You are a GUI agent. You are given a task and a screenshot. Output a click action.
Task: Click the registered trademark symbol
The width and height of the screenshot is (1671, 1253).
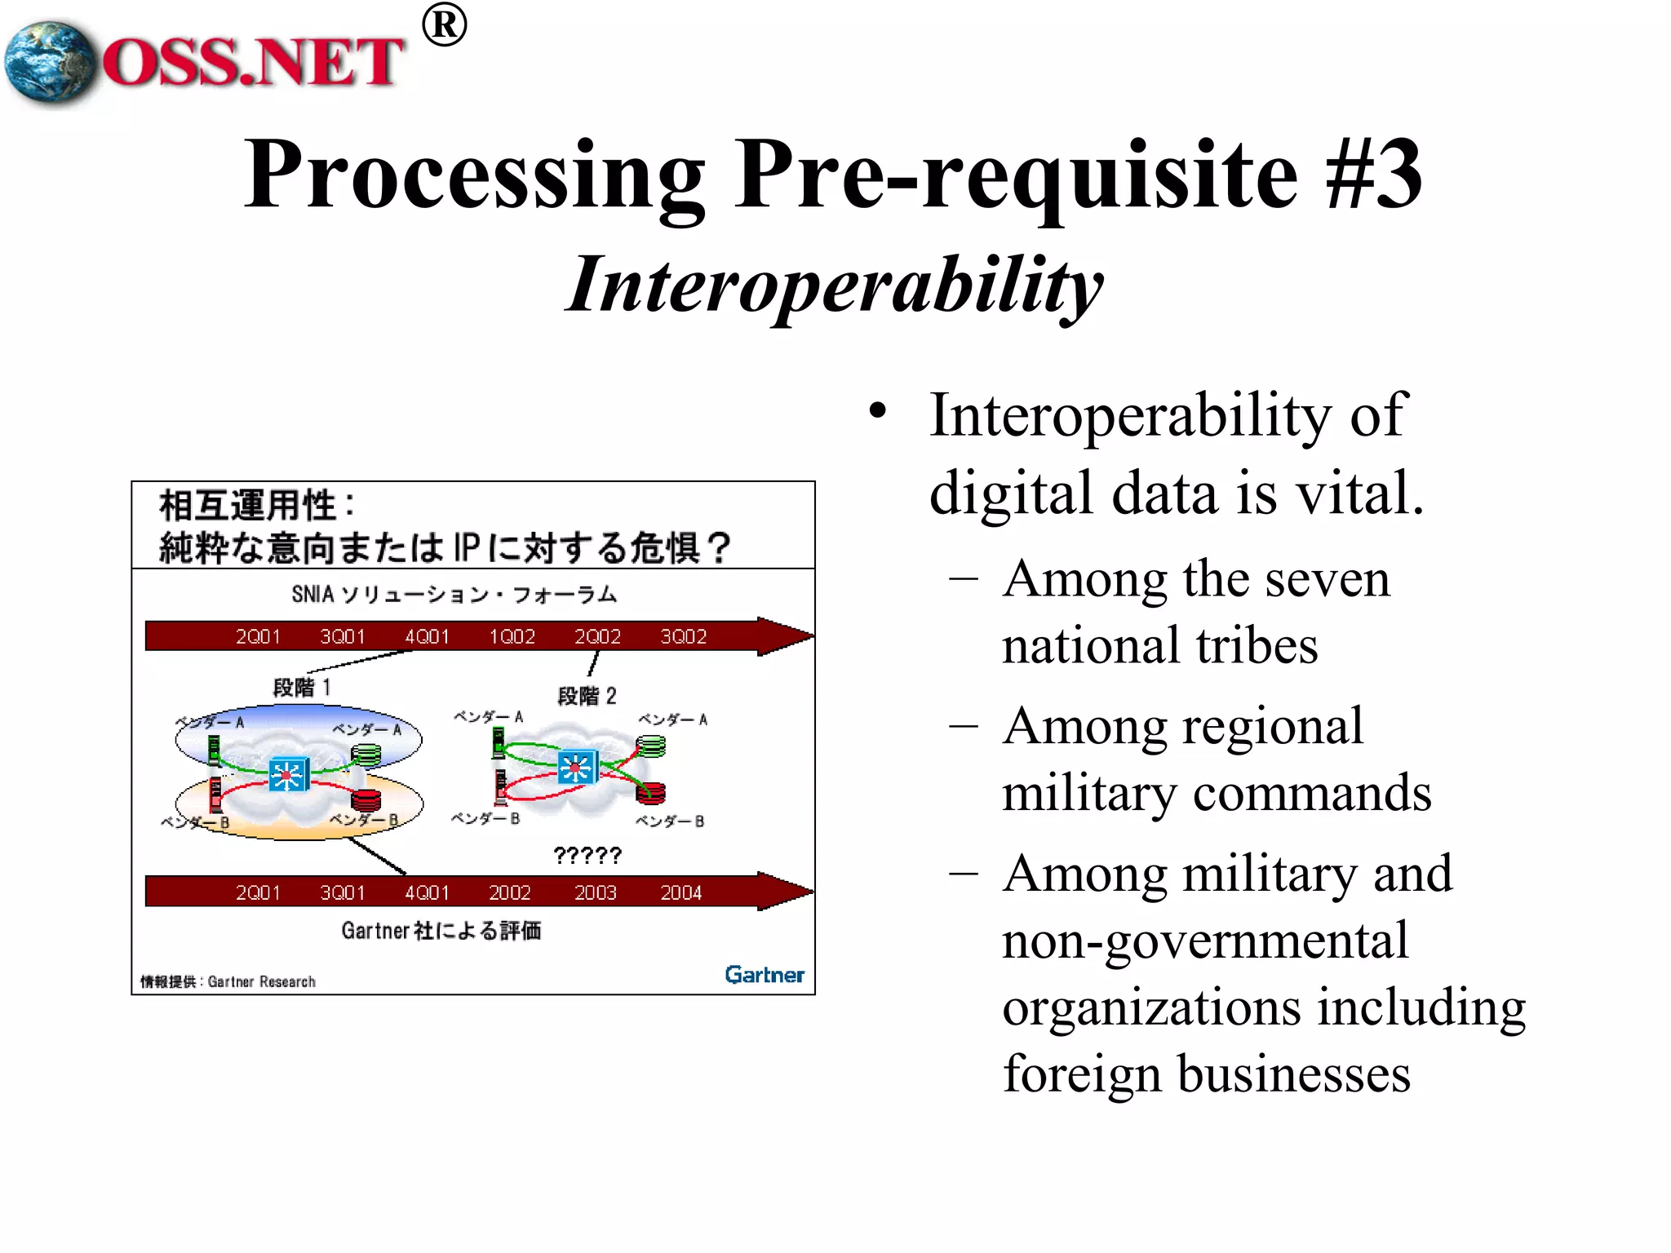pyautogui.click(x=444, y=25)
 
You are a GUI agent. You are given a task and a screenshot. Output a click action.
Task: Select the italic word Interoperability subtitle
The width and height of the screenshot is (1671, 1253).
pyautogui.click(x=834, y=286)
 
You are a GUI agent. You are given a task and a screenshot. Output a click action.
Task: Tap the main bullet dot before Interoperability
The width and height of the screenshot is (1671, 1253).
pyautogui.click(x=877, y=410)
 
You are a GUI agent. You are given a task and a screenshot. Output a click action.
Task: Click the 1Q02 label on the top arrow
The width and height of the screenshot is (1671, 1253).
pyautogui.click(x=512, y=636)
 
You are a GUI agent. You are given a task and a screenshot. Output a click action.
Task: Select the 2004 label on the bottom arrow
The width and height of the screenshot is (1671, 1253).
pyautogui.click(x=680, y=892)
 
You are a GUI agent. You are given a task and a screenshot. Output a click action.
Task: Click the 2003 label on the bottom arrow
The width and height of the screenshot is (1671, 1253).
pyautogui.click(x=595, y=892)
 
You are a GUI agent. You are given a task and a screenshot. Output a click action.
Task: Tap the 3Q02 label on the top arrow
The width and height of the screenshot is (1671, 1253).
pyautogui.click(x=683, y=636)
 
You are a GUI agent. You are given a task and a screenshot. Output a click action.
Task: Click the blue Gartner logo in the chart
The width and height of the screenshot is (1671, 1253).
pyautogui.click(x=764, y=975)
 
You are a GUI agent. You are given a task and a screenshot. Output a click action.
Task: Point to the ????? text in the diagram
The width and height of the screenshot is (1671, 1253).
pyautogui.click(x=587, y=855)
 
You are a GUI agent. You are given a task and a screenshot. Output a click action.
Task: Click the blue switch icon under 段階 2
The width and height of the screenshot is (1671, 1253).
pyautogui.click(x=578, y=767)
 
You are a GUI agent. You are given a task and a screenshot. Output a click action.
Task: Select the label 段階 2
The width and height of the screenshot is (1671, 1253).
pyautogui.click(x=587, y=696)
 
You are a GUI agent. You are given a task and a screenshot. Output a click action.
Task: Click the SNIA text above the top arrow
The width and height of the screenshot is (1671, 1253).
pyautogui.click(x=312, y=594)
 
